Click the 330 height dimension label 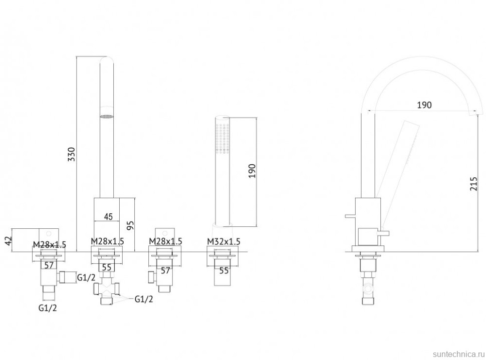72,154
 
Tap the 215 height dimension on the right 474,184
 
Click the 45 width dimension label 108,216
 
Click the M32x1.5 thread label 223,241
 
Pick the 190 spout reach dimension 424,105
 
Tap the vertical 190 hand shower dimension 252,171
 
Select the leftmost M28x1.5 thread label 49,245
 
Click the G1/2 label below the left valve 48,308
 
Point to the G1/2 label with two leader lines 144,299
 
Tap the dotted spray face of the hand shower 223,138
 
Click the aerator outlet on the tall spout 107,117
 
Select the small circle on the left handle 49,233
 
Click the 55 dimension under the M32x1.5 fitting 224,270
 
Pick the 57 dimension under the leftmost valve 49,265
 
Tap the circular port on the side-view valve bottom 368,288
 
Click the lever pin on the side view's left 350,216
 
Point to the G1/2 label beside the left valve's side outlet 86,278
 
